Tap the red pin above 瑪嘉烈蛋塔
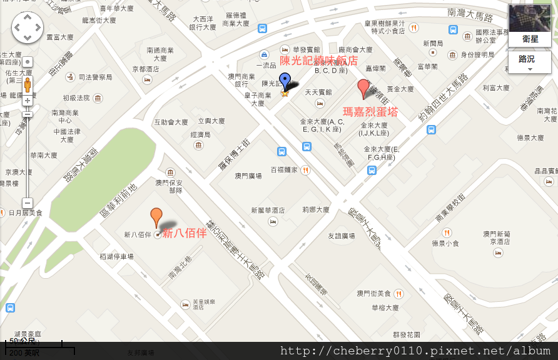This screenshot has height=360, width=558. click(x=363, y=88)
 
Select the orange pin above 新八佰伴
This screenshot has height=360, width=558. click(x=156, y=217)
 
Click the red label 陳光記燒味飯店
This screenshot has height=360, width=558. click(x=318, y=61)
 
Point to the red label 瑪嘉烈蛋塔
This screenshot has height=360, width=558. click(x=370, y=112)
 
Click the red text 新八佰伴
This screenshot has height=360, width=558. click(x=185, y=233)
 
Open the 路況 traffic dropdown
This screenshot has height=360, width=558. click(x=530, y=62)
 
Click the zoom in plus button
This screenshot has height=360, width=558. click(x=27, y=101)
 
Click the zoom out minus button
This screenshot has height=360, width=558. click(x=27, y=202)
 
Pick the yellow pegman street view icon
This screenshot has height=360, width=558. click(x=27, y=85)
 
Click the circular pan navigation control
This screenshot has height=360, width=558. click(x=28, y=27)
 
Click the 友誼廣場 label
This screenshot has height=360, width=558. click(x=342, y=236)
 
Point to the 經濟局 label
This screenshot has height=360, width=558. click(x=200, y=134)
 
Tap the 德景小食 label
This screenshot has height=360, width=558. click(x=445, y=243)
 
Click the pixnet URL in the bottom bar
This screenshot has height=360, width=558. click(x=415, y=351)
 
